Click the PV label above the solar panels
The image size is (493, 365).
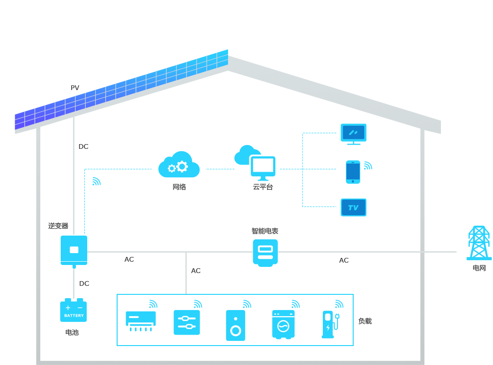[x=75, y=88]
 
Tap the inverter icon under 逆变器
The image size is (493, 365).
[x=74, y=250]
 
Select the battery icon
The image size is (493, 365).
[x=73, y=310]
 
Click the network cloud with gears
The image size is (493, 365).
[x=179, y=165]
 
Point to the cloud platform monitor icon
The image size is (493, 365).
[x=262, y=167]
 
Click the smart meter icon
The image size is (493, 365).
[x=265, y=252]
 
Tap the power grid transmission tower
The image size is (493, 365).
[x=479, y=243]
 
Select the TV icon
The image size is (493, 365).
[x=353, y=208]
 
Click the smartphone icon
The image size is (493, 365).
[x=353, y=172]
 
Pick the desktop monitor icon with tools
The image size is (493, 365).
[x=353, y=133]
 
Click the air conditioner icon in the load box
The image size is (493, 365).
[x=140, y=320]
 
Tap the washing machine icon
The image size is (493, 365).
[x=283, y=324]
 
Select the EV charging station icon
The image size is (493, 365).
[x=329, y=324]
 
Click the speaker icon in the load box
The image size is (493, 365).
[x=236, y=325]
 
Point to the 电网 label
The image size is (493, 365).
[x=479, y=268]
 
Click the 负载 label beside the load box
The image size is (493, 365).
[x=365, y=321]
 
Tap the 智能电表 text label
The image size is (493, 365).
[x=265, y=231]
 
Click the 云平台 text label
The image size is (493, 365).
[x=263, y=187]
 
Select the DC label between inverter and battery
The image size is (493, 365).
[x=84, y=283]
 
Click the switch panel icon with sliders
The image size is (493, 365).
[x=187, y=322]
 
